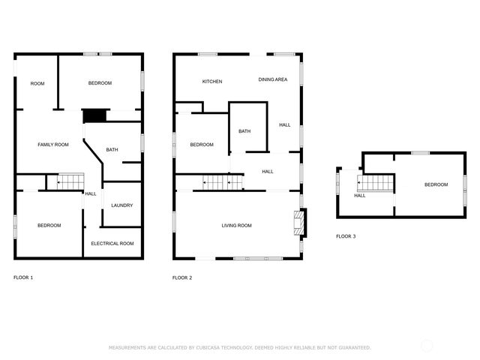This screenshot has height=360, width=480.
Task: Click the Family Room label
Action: [53, 145]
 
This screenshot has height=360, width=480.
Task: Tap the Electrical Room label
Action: [112, 244]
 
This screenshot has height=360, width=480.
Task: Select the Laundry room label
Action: [122, 205]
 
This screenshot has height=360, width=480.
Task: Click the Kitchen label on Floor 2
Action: [212, 82]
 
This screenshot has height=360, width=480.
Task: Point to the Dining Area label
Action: [273, 79]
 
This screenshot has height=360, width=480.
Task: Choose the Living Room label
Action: [237, 226]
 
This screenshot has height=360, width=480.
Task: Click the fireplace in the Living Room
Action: [300, 223]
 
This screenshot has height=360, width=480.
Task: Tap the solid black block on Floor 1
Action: [95, 116]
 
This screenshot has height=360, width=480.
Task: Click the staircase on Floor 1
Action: [70, 182]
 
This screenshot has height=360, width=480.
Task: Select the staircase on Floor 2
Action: [223, 182]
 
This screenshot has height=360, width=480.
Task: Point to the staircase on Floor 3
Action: [375, 183]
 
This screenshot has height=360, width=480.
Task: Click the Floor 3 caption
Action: [346, 236]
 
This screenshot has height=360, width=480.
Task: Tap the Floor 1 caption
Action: [23, 277]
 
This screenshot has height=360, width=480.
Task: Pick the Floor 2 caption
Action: [182, 278]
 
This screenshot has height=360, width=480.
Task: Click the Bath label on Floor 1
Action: [112, 150]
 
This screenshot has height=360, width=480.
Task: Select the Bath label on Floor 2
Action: [244, 131]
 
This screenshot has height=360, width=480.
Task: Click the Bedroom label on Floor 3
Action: [436, 184]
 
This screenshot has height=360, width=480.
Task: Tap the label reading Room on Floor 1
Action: [37, 83]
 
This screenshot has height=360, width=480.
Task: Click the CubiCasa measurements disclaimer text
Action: [240, 348]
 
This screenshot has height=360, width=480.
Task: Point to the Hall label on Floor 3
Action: [360, 196]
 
